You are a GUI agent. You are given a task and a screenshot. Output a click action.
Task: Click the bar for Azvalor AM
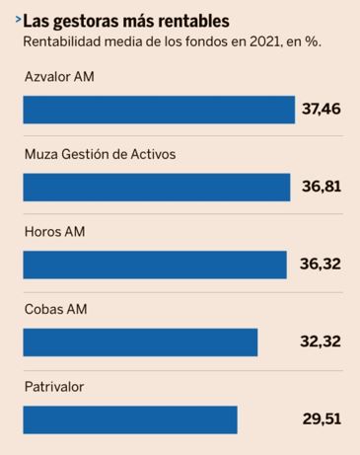click(158, 110)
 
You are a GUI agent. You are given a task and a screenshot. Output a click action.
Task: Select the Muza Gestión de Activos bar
click(156, 187)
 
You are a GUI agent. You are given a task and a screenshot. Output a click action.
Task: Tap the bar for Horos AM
click(154, 265)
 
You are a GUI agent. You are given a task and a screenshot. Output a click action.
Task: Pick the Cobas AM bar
click(139, 341)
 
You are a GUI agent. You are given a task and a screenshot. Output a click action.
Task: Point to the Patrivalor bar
click(129, 419)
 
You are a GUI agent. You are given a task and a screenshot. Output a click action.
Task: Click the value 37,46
click(321, 109)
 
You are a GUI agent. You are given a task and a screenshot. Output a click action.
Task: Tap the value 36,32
click(320, 264)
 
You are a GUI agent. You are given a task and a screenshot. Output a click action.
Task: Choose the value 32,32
click(320, 341)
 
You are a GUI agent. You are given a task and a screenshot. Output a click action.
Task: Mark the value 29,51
click(322, 418)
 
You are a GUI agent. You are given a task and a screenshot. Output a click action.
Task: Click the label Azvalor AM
click(59, 77)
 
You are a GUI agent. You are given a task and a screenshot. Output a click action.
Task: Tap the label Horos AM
click(53, 232)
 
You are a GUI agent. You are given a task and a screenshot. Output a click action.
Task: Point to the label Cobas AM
click(55, 309)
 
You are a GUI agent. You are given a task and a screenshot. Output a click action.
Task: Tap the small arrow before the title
click(16, 18)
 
